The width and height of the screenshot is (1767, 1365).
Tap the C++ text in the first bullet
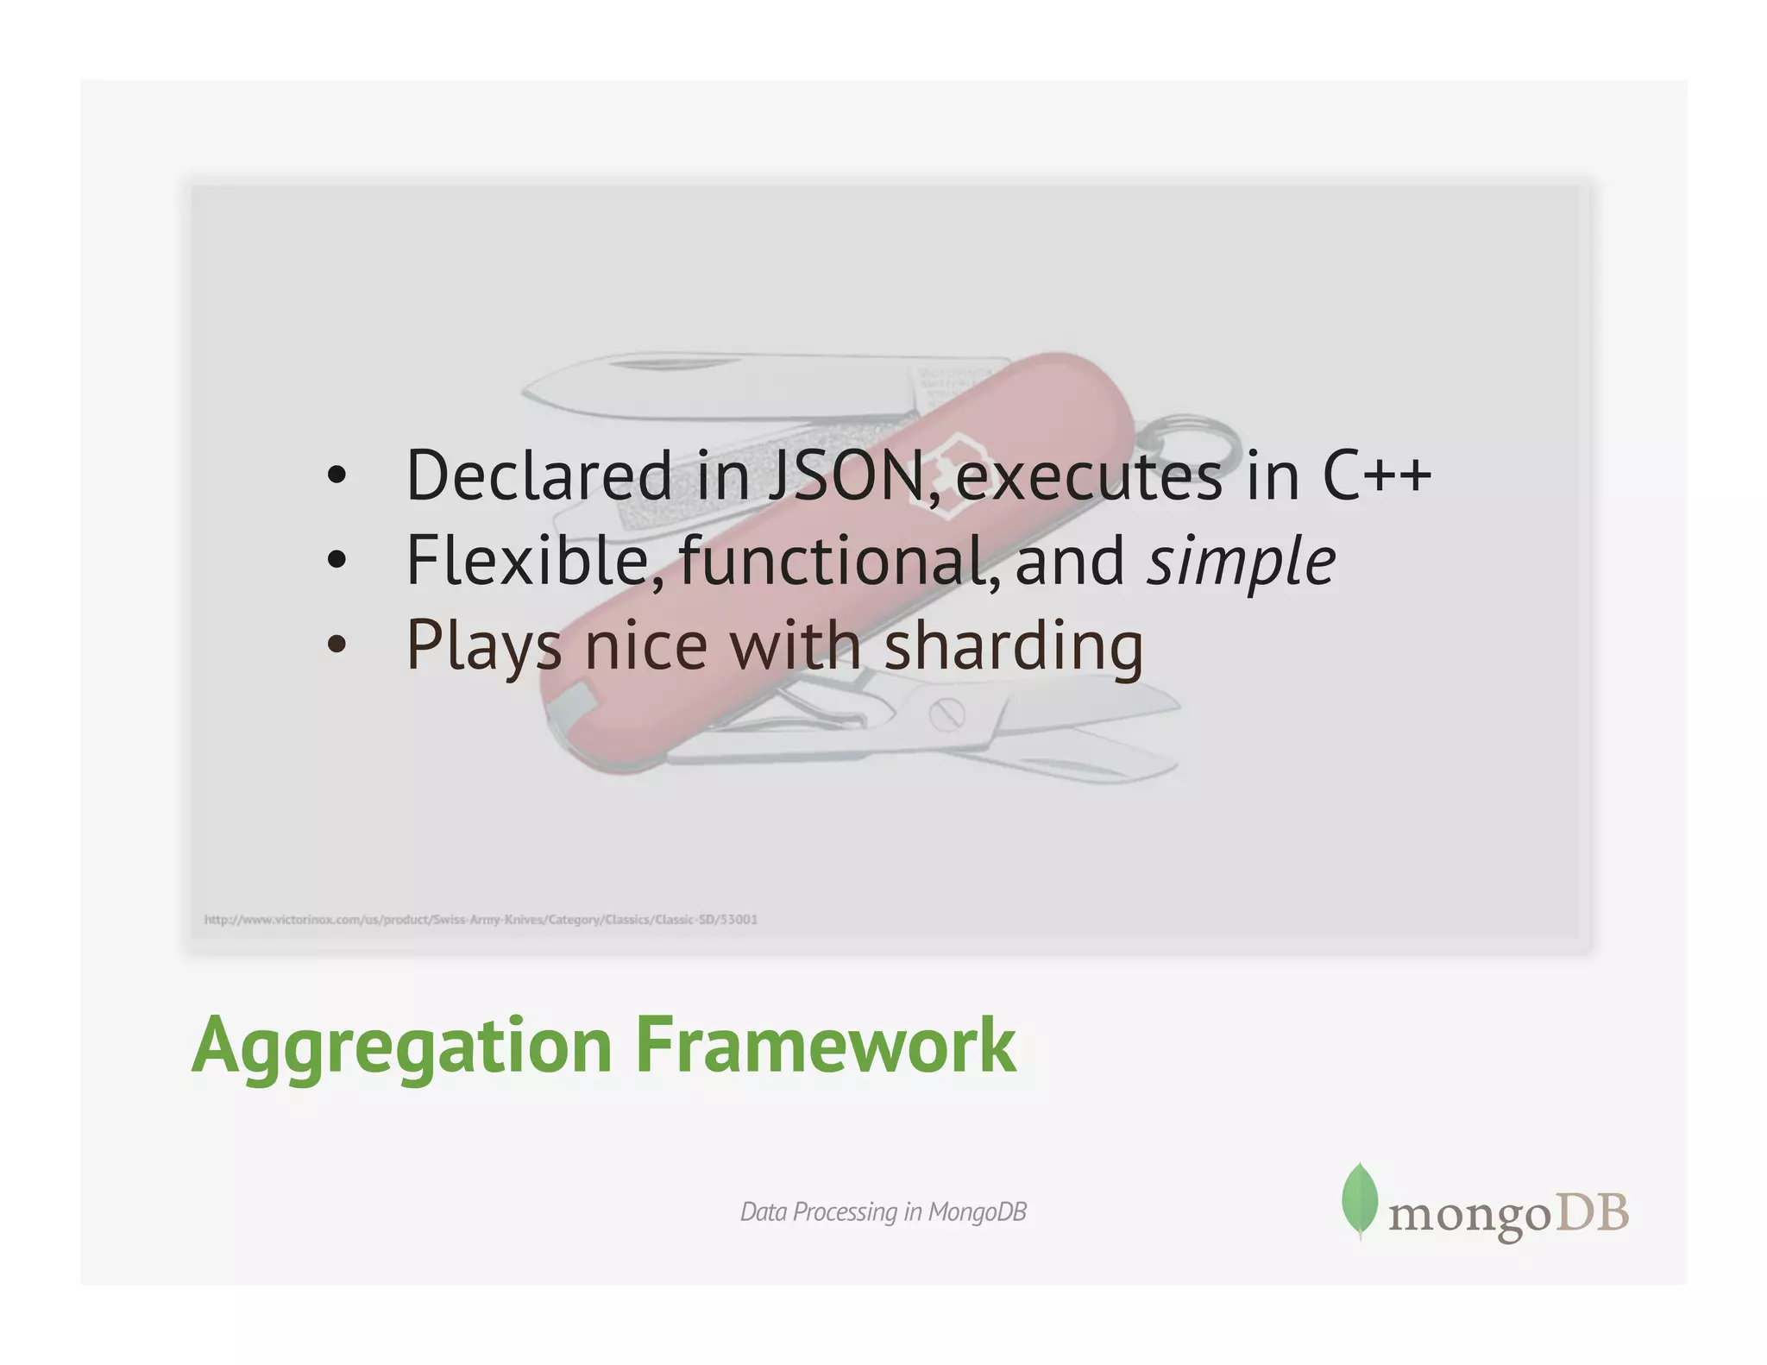click(1375, 476)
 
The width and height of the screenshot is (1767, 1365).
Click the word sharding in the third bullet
click(1014, 647)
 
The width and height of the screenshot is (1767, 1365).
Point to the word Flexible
click(527, 561)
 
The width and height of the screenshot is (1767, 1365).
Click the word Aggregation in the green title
click(401, 1046)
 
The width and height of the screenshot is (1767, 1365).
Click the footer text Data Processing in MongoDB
click(883, 1212)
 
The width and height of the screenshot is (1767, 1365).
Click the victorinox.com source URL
click(481, 920)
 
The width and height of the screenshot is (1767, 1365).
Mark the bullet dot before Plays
click(336, 645)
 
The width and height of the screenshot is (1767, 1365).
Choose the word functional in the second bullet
click(833, 561)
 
